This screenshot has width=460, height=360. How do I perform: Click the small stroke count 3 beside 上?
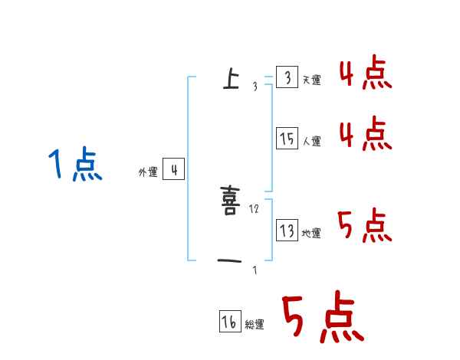click(x=255, y=87)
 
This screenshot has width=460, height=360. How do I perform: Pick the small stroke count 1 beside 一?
click(x=255, y=270)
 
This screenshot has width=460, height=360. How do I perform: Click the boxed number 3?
click(x=286, y=78)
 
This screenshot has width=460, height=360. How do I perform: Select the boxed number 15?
click(x=286, y=139)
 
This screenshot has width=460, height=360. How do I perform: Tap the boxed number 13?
click(x=286, y=231)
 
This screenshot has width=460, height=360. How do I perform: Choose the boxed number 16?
click(x=229, y=322)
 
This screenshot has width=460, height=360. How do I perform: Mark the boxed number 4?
click(x=174, y=169)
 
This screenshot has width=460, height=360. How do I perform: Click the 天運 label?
click(x=311, y=80)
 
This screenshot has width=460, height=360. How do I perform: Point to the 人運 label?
click(x=311, y=142)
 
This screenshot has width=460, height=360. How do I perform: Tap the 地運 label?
click(x=311, y=234)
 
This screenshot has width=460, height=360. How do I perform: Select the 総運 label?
click(x=255, y=325)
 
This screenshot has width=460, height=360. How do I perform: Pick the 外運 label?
click(x=148, y=172)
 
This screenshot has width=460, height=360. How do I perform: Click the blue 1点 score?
click(x=74, y=165)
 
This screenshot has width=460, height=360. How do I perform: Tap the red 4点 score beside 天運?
click(x=366, y=74)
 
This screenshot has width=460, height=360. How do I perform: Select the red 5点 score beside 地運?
click(x=366, y=226)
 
